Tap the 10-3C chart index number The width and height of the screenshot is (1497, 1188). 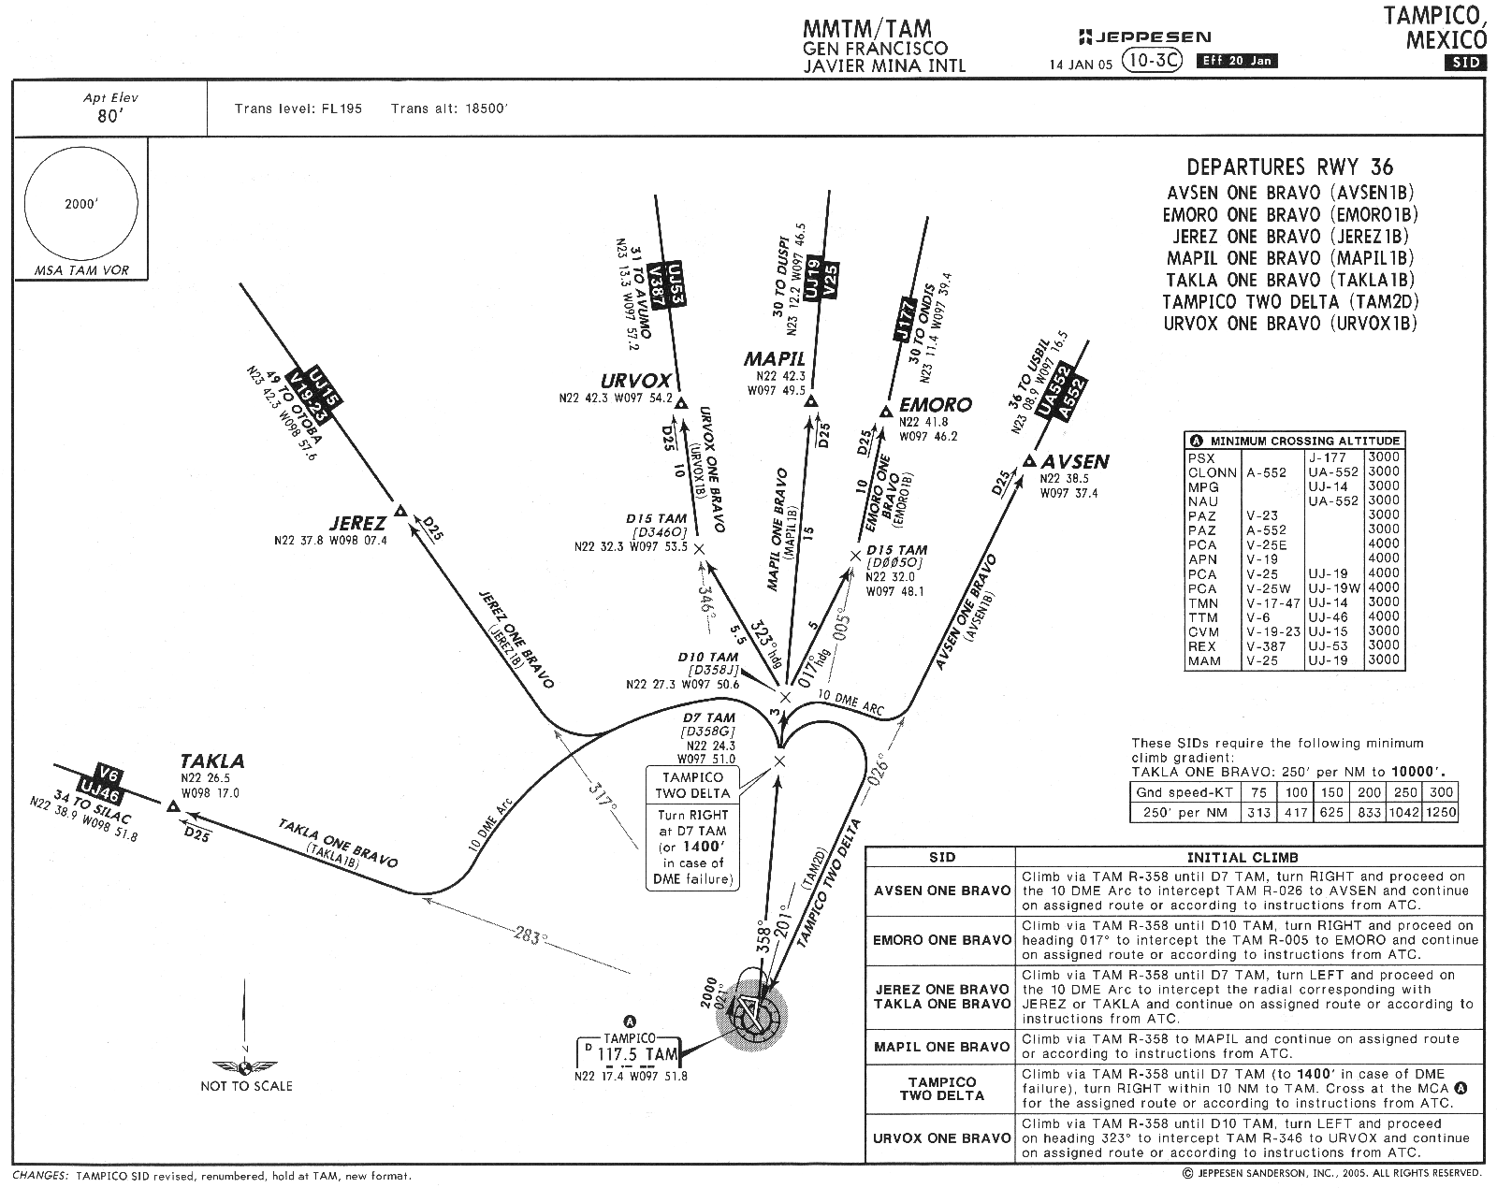(1154, 61)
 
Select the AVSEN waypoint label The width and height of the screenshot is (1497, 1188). (1075, 461)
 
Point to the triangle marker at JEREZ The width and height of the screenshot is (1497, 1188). (400, 510)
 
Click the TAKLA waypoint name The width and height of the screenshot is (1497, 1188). (212, 761)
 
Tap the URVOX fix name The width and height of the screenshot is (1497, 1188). (636, 381)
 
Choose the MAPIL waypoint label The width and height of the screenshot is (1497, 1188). (775, 358)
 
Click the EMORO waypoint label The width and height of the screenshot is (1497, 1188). (935, 405)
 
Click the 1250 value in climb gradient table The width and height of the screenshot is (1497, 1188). (1440, 812)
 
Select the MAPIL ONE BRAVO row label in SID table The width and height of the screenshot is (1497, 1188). (941, 1046)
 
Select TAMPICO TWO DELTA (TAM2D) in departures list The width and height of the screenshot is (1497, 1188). (1290, 301)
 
